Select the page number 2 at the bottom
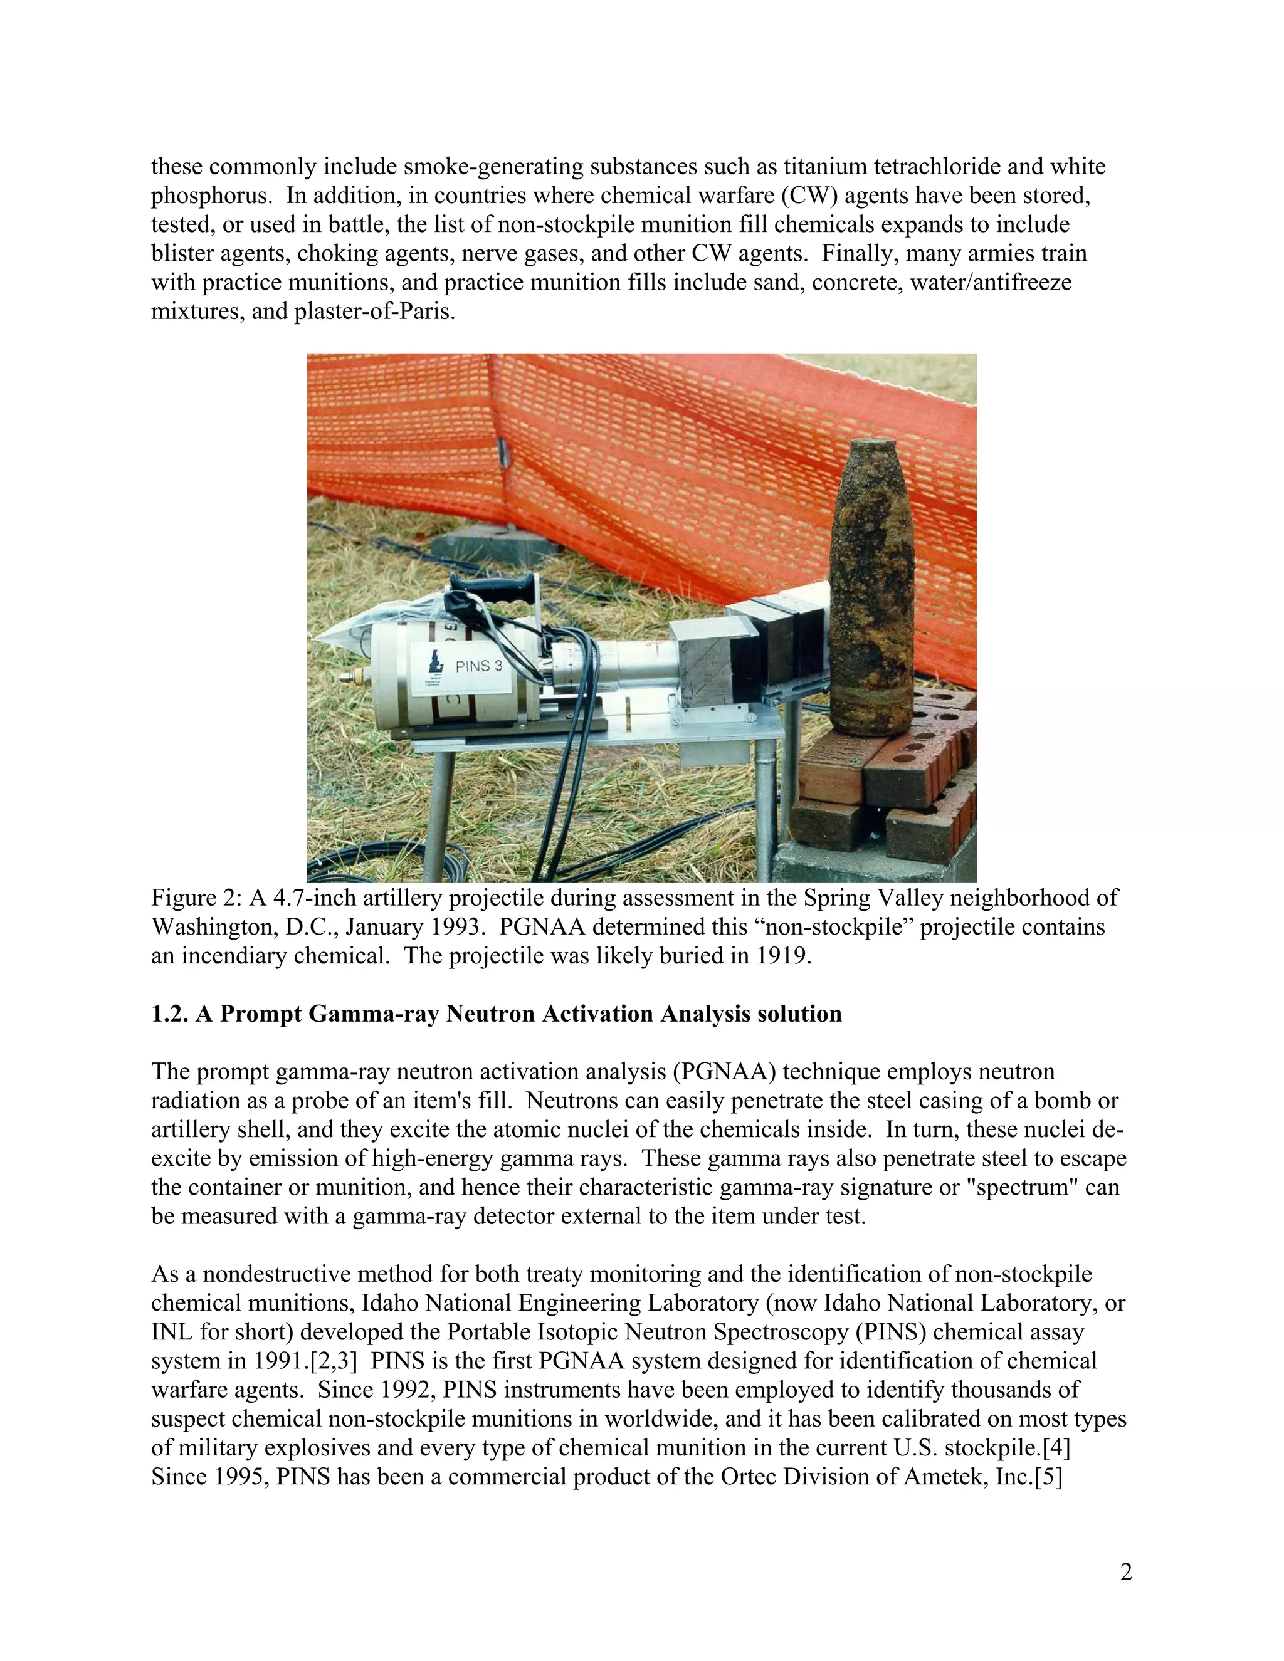point(1126,1571)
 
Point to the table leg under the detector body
point(439,814)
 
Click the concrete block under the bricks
point(875,863)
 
